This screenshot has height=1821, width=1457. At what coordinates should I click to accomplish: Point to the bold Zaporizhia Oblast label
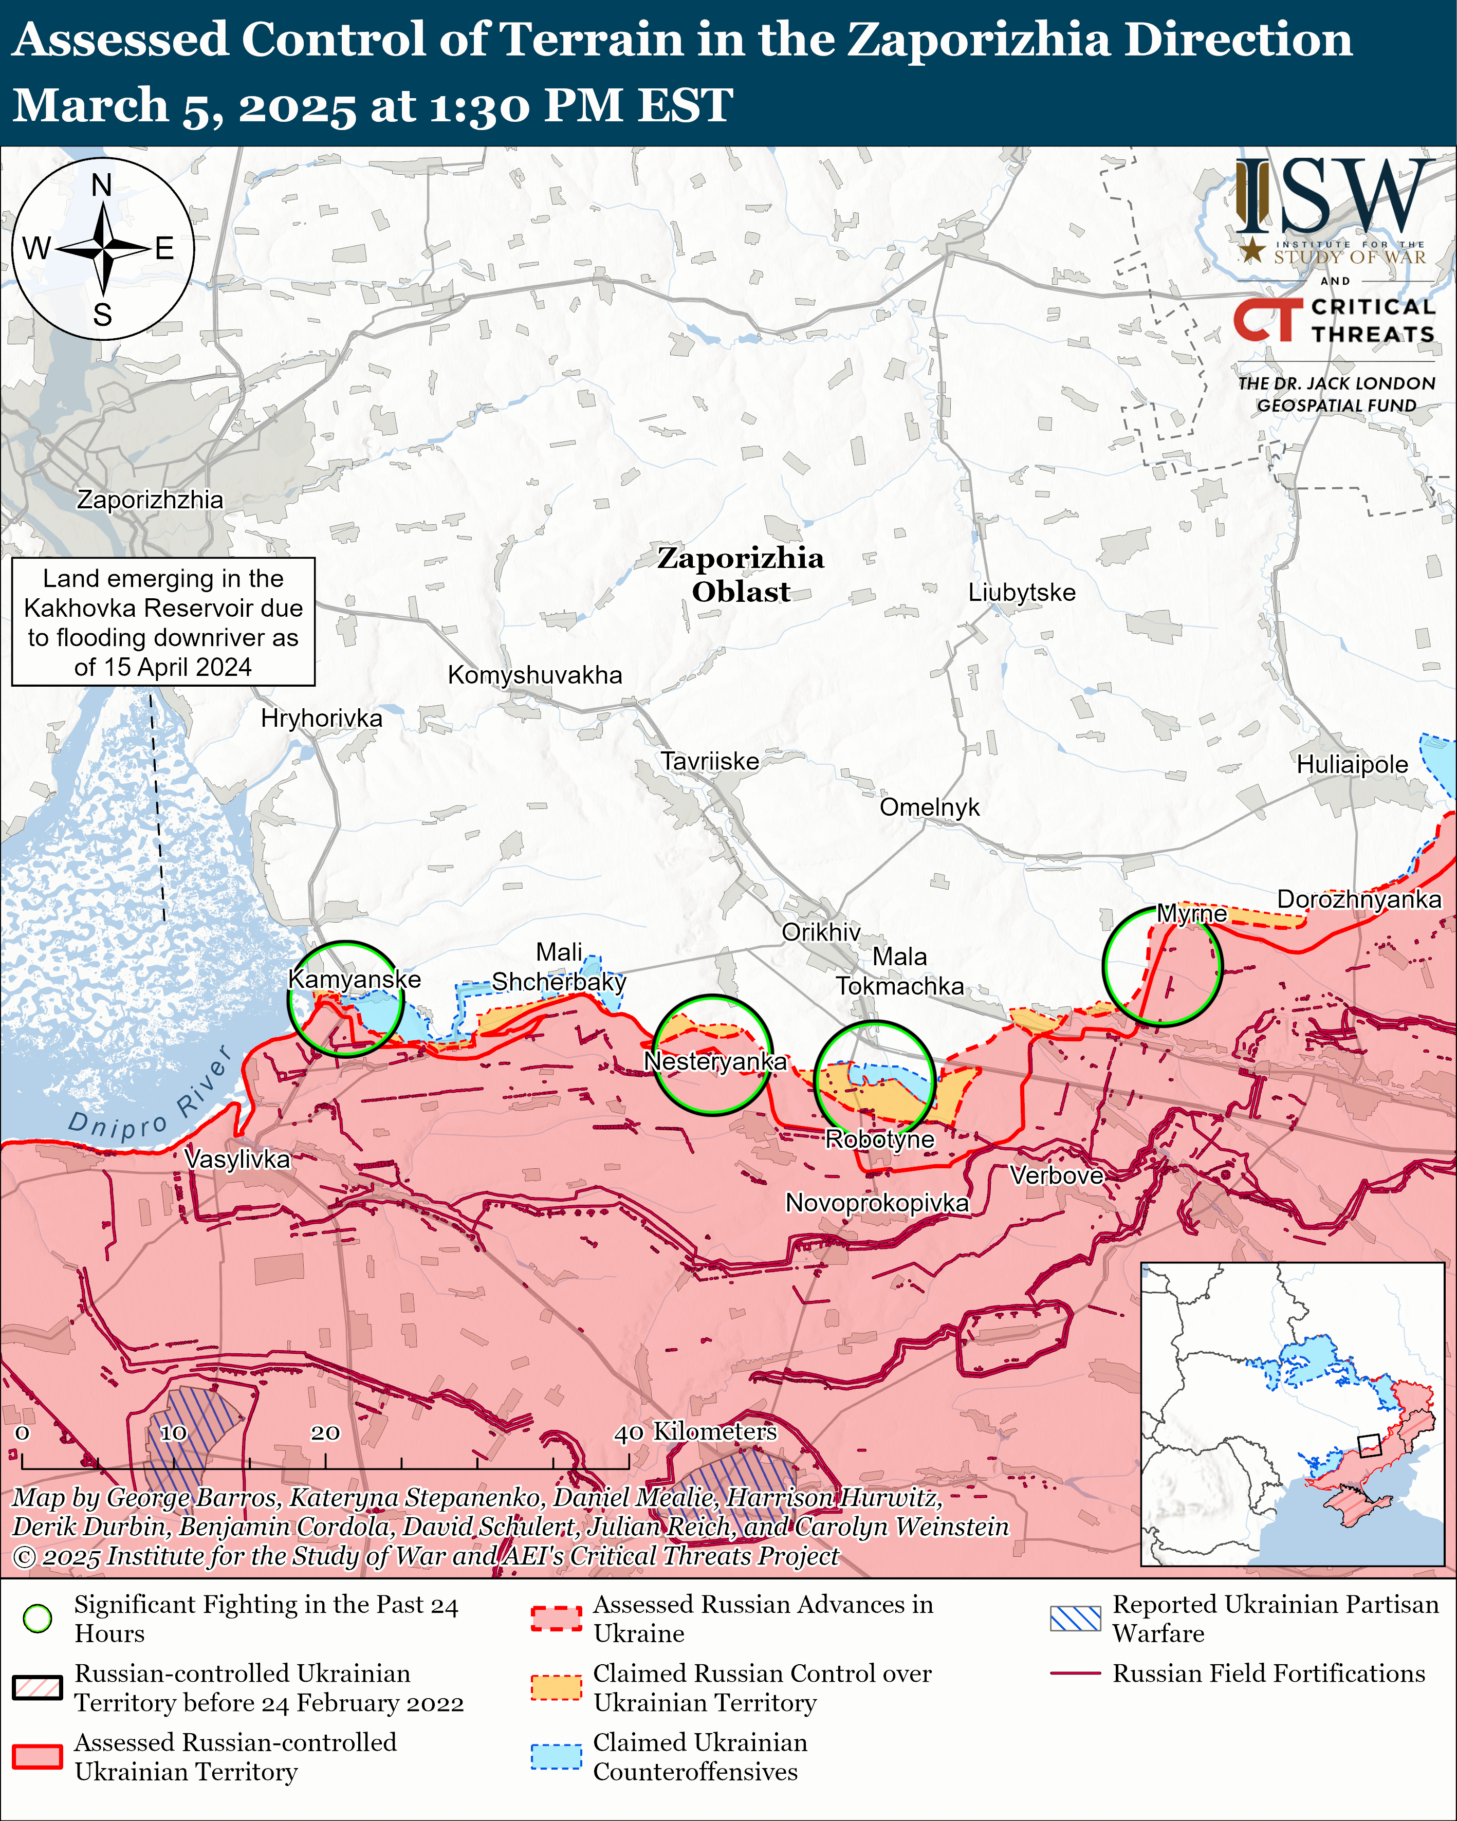[x=741, y=574]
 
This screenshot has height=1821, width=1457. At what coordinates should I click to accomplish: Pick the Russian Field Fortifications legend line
[x=1075, y=1673]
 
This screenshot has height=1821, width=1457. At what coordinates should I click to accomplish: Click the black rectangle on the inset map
[x=1368, y=1445]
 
